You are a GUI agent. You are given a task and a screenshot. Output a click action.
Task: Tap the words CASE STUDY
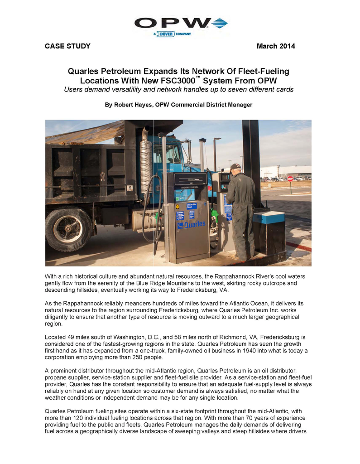point(67,46)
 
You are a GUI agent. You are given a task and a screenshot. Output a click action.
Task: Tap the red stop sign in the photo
point(290,179)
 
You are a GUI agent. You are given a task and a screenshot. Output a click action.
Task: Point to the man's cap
point(235,167)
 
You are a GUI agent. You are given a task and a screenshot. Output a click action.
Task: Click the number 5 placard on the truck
point(130,188)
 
